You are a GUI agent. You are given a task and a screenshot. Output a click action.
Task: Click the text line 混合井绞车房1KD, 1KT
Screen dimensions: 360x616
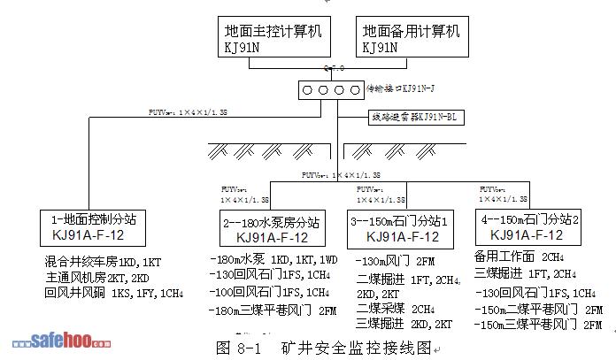[104, 262]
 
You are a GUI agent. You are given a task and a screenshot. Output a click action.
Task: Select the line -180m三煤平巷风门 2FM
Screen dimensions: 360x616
[274, 310]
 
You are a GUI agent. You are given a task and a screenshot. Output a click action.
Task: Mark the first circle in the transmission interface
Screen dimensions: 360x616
[306, 89]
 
